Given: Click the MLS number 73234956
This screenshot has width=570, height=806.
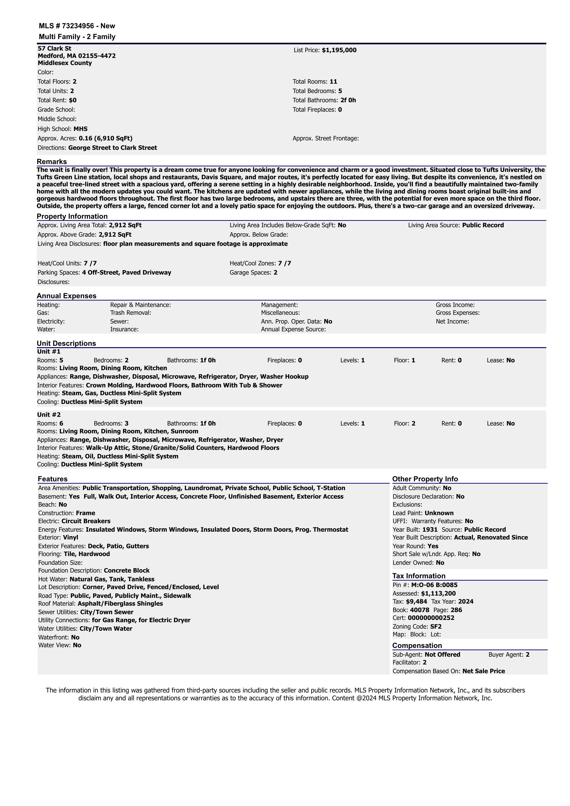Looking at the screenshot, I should pos(78,26).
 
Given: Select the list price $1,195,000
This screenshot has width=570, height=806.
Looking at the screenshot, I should pos(339,50).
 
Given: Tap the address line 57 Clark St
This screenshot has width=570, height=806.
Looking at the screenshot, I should pos(54,48).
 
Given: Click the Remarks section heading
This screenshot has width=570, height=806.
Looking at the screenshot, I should pos(52,162).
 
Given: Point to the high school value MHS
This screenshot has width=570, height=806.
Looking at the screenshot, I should pos(80,129).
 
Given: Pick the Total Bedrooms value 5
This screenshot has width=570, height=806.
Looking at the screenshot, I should pos(340,91).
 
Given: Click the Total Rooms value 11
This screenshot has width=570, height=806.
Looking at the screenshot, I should pos(333,81).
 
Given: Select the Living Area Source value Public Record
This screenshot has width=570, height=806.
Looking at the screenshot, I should pos(483,225).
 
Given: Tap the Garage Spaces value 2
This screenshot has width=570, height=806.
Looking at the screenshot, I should pos(275,272).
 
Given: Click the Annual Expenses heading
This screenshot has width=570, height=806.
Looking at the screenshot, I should pos(66,296).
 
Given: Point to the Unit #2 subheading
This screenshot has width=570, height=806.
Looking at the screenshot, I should pos(49,414).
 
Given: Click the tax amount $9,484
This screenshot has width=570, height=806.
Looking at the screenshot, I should pos(416,601).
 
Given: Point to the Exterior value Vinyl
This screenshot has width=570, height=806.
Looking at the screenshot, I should pos(71,537).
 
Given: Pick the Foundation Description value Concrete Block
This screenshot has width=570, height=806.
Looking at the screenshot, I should pos(126,570).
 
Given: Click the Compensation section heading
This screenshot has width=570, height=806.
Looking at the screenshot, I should pos(417,646).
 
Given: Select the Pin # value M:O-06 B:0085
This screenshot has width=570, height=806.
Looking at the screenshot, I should pos(434,585).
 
